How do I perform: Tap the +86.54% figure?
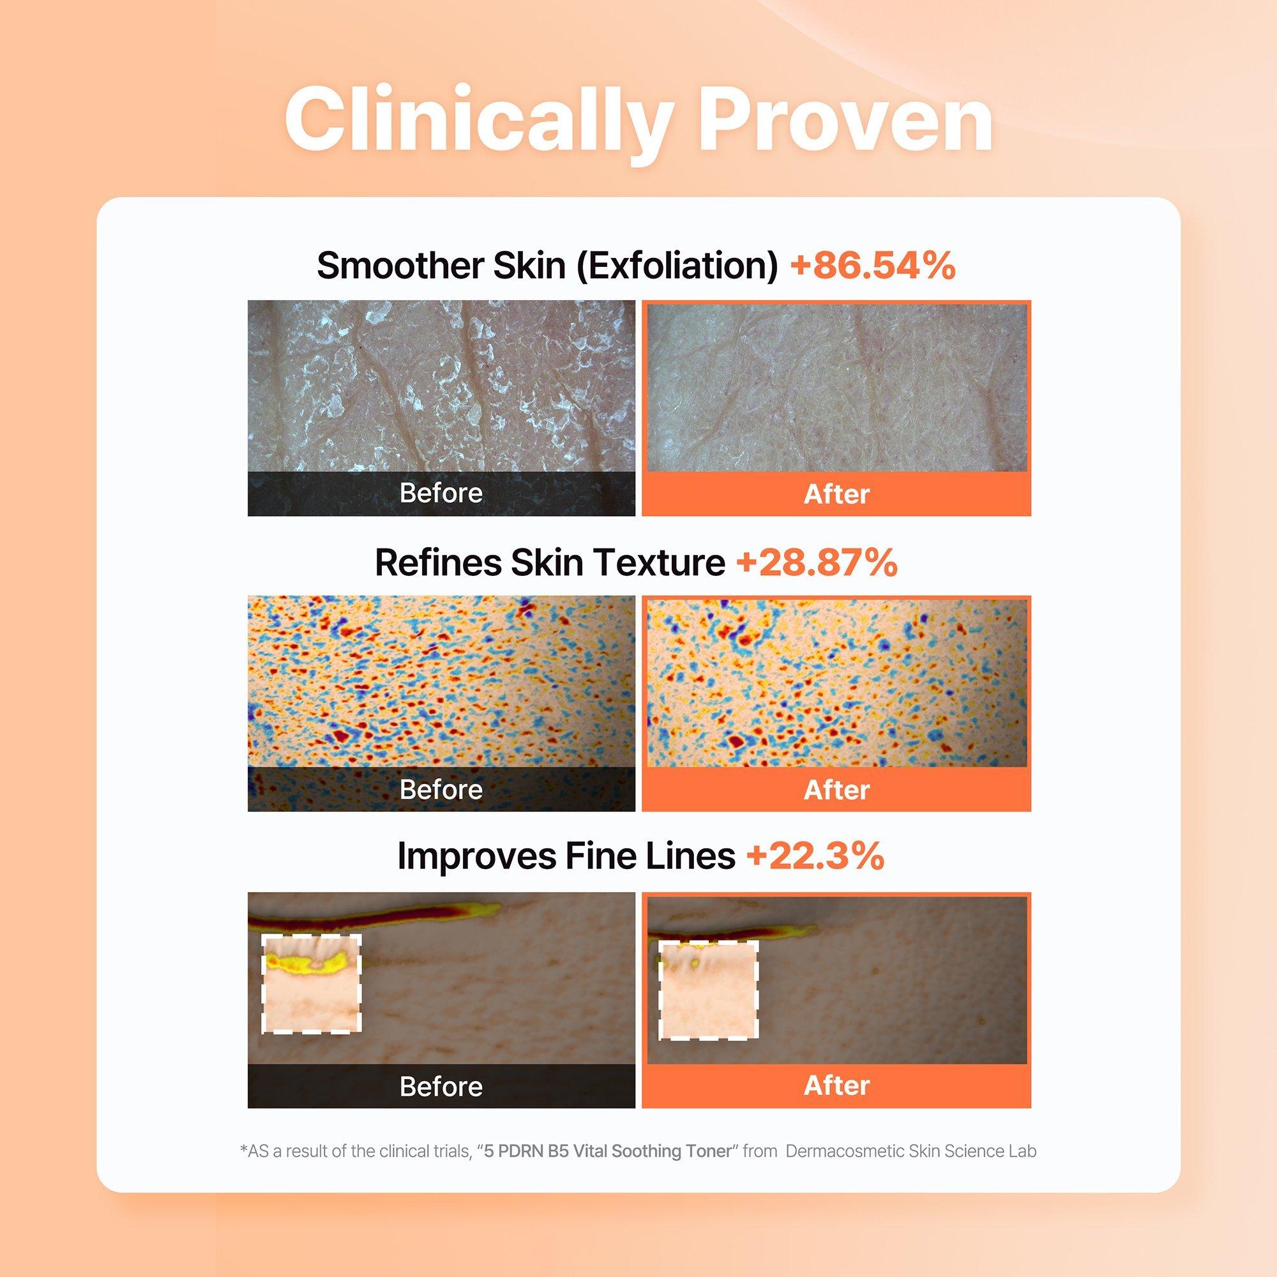coord(873,265)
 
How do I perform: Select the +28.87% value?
coord(817,563)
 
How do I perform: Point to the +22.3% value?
coord(815,856)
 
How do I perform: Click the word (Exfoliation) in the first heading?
coord(677,266)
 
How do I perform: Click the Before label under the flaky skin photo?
coord(441,493)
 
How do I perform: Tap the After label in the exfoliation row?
coord(836,494)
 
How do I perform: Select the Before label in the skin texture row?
coord(441,790)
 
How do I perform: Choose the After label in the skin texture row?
coord(836,790)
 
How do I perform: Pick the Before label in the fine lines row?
coord(441,1086)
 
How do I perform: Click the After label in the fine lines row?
coord(836,1085)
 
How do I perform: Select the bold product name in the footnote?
coord(608,1151)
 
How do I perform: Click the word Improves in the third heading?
coord(475,858)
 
